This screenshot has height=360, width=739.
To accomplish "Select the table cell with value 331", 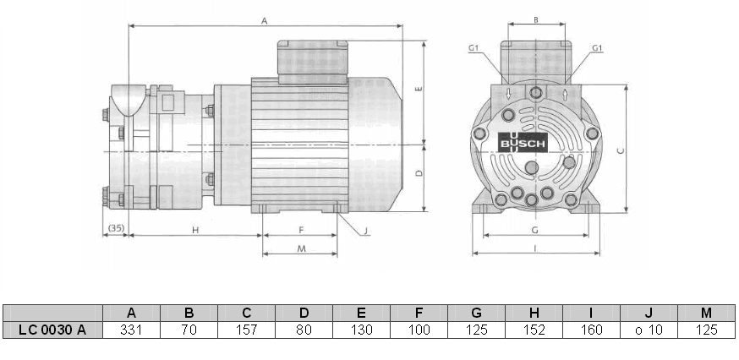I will [x=131, y=330].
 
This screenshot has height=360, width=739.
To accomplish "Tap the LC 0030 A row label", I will [x=52, y=330].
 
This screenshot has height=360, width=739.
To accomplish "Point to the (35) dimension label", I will [x=116, y=229].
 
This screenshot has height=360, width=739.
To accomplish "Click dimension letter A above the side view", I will [x=265, y=20].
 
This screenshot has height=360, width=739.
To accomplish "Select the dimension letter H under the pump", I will [x=194, y=229].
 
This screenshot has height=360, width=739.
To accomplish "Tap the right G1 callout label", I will [x=597, y=48].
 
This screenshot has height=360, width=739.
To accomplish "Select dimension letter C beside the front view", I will [x=620, y=151].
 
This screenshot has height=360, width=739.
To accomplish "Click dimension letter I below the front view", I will [x=536, y=247].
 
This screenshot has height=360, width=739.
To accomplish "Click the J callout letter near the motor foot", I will [x=365, y=230].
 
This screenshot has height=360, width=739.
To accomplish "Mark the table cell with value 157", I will [x=246, y=330].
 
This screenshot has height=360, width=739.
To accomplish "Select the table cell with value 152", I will [x=534, y=330].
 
